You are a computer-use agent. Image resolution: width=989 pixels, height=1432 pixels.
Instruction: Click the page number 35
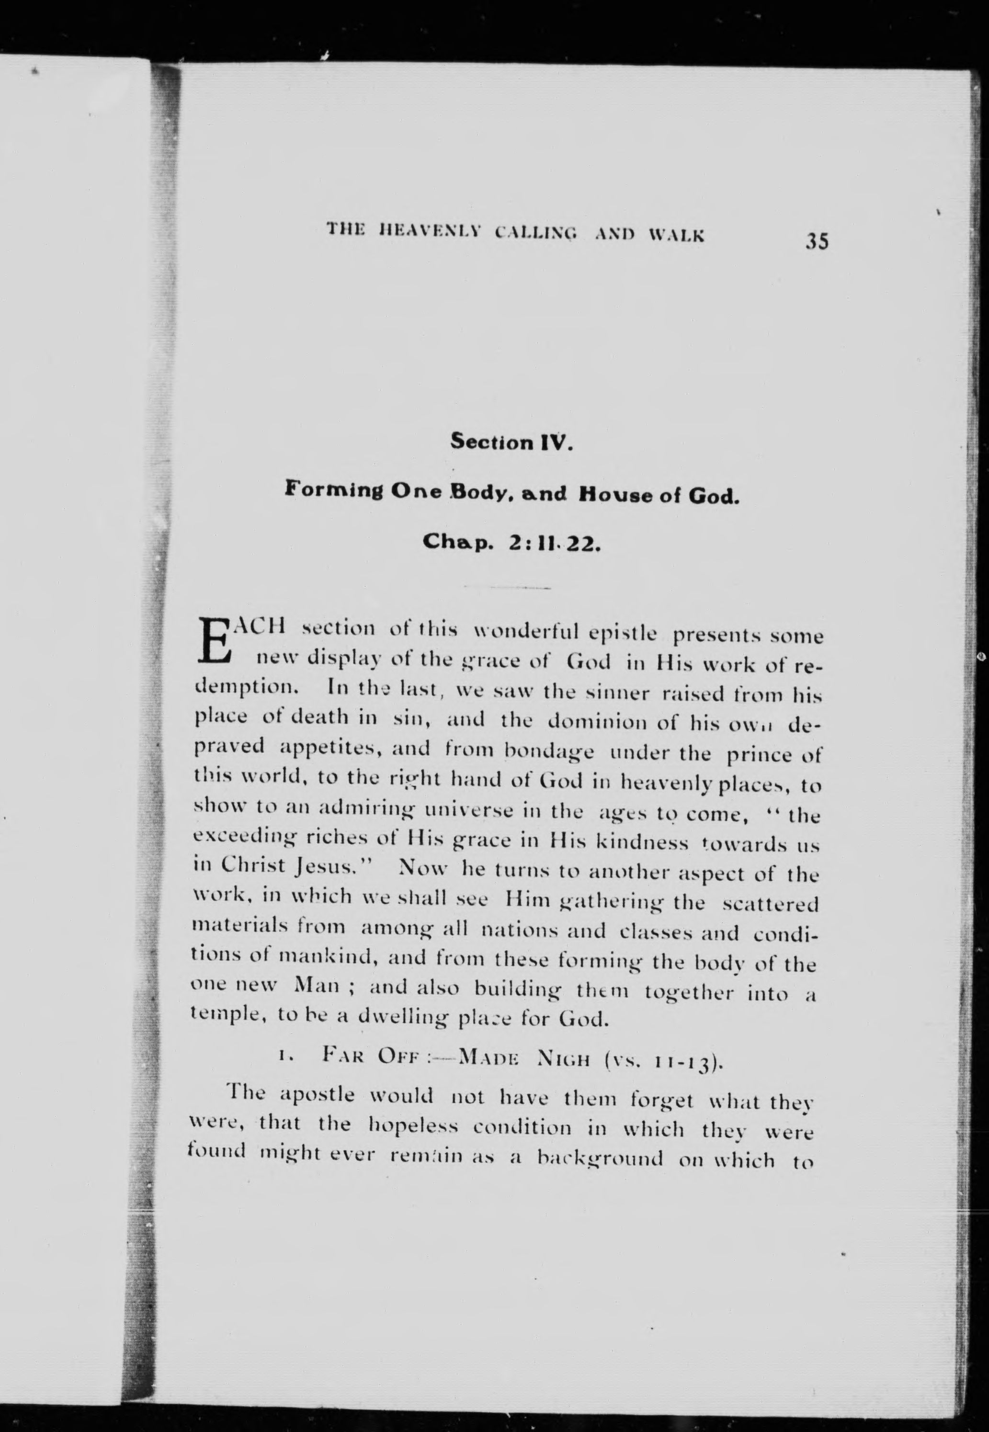817,240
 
